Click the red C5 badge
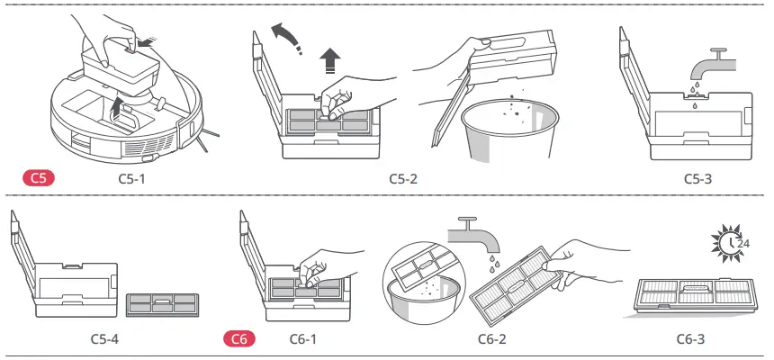tap(39, 178)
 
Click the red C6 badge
tap(238, 338)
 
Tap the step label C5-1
tap(131, 178)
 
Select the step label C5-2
tap(403, 178)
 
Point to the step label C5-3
tap(698, 178)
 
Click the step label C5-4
tap(104, 338)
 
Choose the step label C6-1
tap(302, 338)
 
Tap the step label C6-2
tap(491, 338)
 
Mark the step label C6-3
tap(690, 338)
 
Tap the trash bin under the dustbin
tap(508, 129)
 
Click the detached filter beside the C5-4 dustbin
tap(162, 305)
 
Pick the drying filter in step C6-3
tap(697, 296)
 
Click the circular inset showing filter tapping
tap(424, 283)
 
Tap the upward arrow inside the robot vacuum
tap(116, 108)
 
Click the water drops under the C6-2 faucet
tap(492, 262)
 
